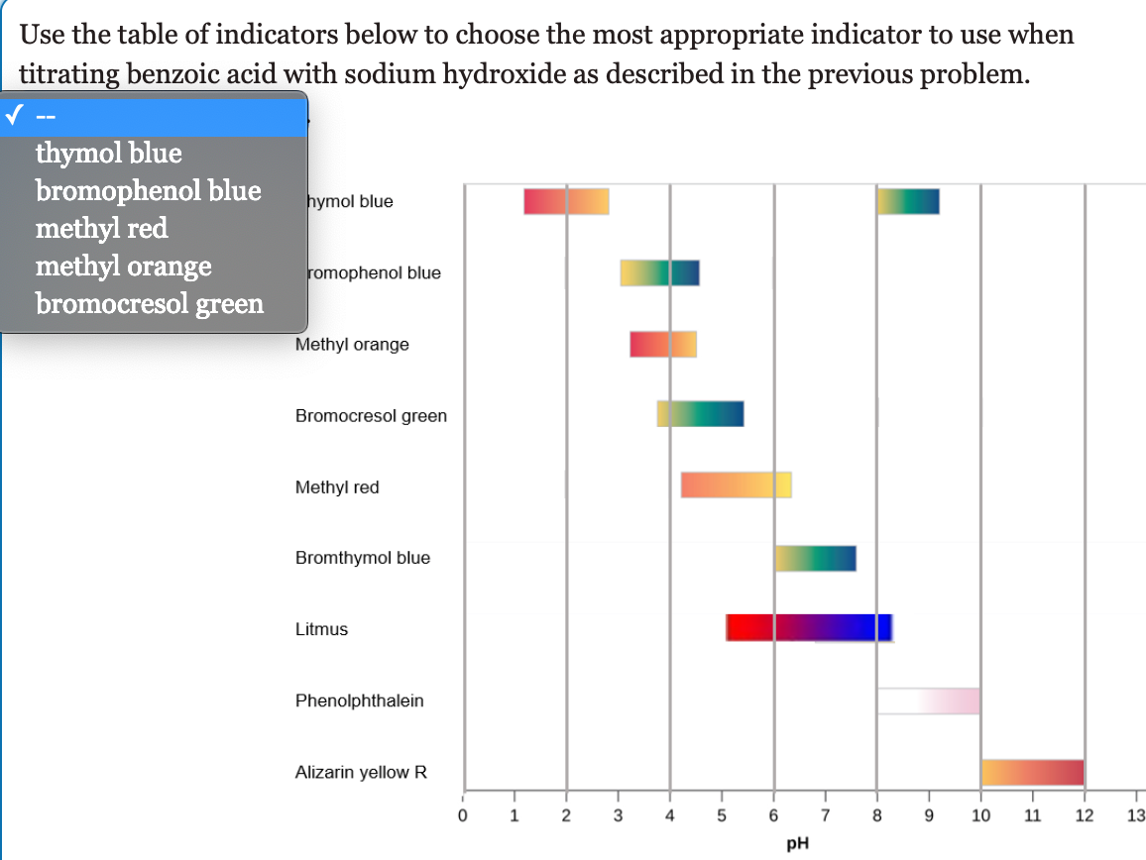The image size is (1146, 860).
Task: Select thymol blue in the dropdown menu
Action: pos(109,154)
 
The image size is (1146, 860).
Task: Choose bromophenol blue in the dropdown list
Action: pos(149,190)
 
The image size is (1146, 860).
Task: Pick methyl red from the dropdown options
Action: pos(102,229)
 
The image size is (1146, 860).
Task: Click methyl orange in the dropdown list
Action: pos(124,267)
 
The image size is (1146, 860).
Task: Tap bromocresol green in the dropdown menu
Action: pos(151,303)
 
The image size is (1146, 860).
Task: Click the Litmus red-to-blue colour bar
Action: pos(809,628)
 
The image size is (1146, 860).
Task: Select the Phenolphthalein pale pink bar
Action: pos(928,700)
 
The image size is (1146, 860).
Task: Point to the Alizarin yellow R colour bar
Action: pos(1032,772)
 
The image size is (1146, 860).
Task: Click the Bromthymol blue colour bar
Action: pos(815,558)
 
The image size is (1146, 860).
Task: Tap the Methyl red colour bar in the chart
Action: pos(736,485)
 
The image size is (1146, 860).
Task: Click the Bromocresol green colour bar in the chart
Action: pos(700,414)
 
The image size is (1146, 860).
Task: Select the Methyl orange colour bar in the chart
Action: pos(663,344)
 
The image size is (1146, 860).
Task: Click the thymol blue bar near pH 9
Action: pos(908,201)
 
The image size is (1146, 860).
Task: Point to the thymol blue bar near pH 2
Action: pos(566,201)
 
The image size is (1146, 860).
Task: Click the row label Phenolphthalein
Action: pos(360,700)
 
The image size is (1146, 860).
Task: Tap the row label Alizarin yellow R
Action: pos(362,772)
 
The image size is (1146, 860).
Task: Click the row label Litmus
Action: pos(322,629)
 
